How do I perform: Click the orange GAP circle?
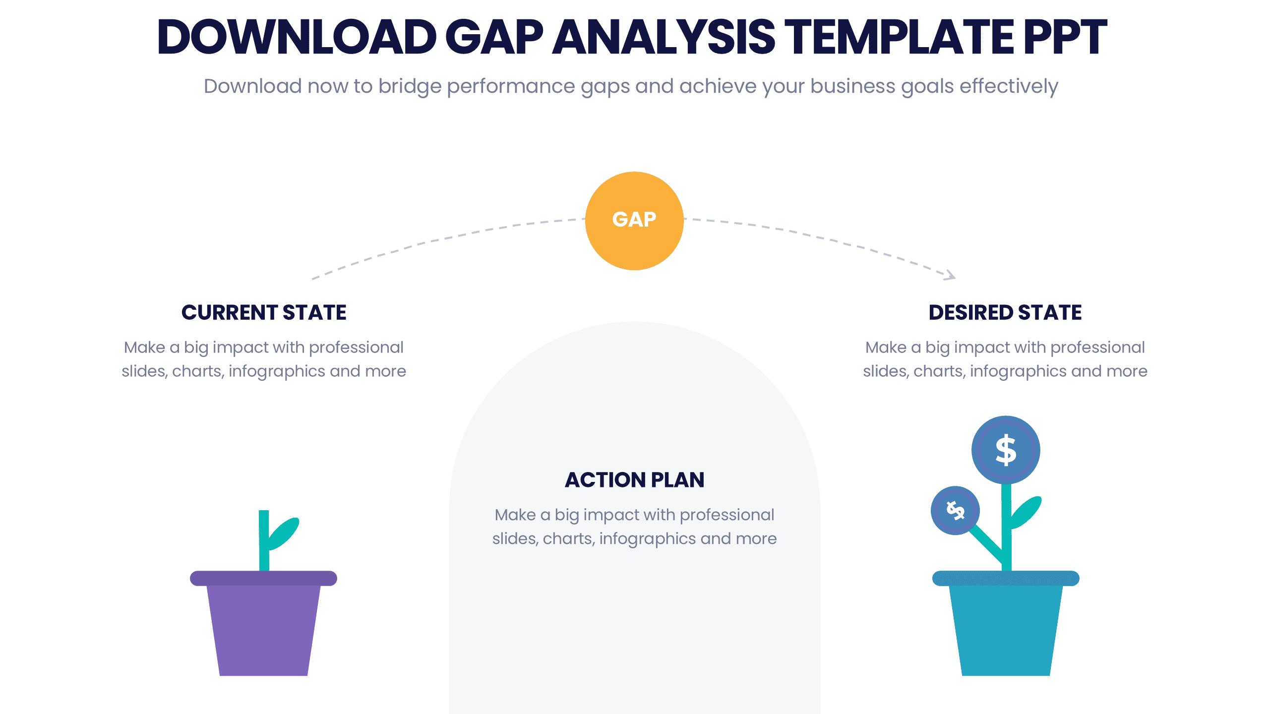click(x=634, y=221)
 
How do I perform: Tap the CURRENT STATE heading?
click(x=264, y=312)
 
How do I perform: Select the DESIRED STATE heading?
click(x=1005, y=312)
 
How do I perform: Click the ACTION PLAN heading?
click(x=634, y=479)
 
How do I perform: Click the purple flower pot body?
click(x=263, y=630)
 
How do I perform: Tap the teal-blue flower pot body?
click(x=1006, y=630)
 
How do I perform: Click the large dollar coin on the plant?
click(x=1006, y=450)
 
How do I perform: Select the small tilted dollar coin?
click(x=955, y=510)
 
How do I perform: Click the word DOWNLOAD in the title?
click(x=297, y=37)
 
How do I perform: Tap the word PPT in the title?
click(x=1065, y=37)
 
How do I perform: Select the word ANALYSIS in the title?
click(x=664, y=37)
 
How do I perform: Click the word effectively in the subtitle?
click(x=1009, y=86)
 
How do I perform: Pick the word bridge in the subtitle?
click(x=410, y=87)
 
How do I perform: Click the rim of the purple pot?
click(x=263, y=578)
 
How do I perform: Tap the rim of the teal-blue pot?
click(x=1006, y=578)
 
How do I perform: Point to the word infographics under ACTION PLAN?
click(x=647, y=539)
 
